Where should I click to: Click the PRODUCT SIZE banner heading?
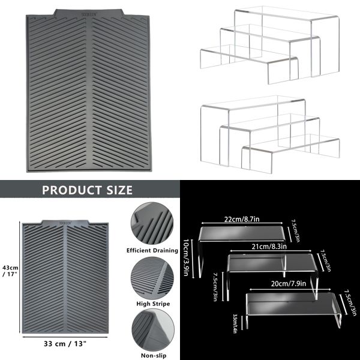pos(87,191)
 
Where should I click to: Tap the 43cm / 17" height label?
pos(10,271)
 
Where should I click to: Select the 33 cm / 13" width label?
pos(65,344)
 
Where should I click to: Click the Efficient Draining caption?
pos(152,250)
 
